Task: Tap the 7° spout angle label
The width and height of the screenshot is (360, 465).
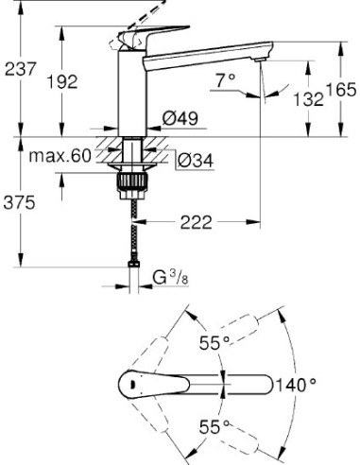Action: point(225,82)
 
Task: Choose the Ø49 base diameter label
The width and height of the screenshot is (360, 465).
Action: point(180,119)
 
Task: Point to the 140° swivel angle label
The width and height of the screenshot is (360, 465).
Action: point(296,386)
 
